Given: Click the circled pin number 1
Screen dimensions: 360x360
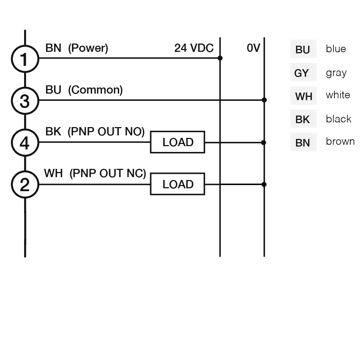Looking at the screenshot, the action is [x=25, y=59].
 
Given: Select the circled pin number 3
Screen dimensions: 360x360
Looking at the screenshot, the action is [x=25, y=101].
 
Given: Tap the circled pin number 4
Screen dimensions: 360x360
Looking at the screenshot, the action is [x=25, y=143].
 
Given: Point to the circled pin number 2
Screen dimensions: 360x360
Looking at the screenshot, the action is [x=25, y=184].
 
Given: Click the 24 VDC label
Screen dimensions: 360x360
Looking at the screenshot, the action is [x=194, y=48].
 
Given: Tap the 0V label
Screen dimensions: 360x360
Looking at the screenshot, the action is [x=253, y=48].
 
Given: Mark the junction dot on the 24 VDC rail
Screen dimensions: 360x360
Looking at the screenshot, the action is [x=220, y=58].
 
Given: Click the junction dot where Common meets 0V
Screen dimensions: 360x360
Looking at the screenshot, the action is [x=264, y=100].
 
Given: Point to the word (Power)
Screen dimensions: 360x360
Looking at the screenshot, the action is [x=88, y=48].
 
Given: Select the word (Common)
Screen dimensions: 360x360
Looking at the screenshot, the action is [x=95, y=90].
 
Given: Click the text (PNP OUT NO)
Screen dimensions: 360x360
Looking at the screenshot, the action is [x=106, y=132].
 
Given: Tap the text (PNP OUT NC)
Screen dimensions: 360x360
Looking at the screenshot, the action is [x=108, y=174].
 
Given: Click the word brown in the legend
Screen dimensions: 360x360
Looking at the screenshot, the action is [x=340, y=141].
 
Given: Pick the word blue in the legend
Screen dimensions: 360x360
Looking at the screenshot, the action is [x=336, y=49].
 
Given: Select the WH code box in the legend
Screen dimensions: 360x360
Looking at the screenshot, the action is [x=303, y=95].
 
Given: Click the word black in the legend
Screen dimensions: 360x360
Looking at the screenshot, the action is [x=339, y=119].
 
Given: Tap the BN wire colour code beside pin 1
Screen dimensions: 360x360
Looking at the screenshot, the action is [x=53, y=48].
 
